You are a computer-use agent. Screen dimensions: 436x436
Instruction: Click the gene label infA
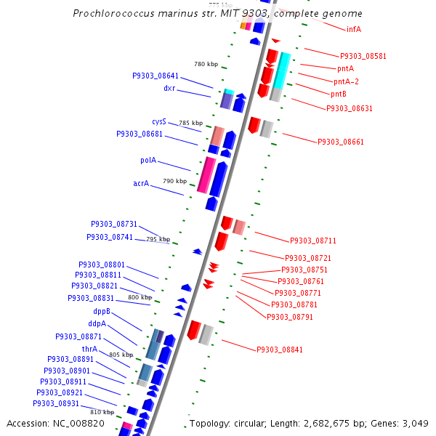click(354, 29)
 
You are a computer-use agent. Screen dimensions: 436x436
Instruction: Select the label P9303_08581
click(363, 56)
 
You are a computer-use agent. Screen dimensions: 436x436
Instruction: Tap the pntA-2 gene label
click(346, 81)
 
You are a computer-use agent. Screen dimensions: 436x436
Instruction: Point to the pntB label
click(339, 94)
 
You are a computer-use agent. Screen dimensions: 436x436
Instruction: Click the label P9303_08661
click(341, 142)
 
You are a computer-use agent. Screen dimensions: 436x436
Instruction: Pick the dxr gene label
click(169, 89)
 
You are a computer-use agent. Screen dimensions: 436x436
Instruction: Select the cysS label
click(159, 121)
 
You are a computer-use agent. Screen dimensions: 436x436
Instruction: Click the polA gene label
click(148, 160)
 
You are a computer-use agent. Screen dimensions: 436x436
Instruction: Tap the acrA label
click(141, 184)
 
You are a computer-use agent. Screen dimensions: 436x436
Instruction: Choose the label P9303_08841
click(280, 350)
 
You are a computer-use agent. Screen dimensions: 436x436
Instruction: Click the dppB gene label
click(101, 311)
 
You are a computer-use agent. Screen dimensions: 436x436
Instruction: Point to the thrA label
click(89, 349)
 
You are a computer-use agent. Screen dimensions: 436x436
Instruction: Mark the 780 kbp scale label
click(206, 64)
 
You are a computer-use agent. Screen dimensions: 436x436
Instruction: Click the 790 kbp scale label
click(175, 181)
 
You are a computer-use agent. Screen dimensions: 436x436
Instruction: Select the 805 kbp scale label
click(121, 355)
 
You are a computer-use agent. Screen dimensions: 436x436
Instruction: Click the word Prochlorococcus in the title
click(110, 14)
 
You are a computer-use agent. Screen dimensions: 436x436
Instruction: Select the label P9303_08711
click(313, 241)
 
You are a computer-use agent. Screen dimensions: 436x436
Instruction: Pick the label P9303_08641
click(156, 76)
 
